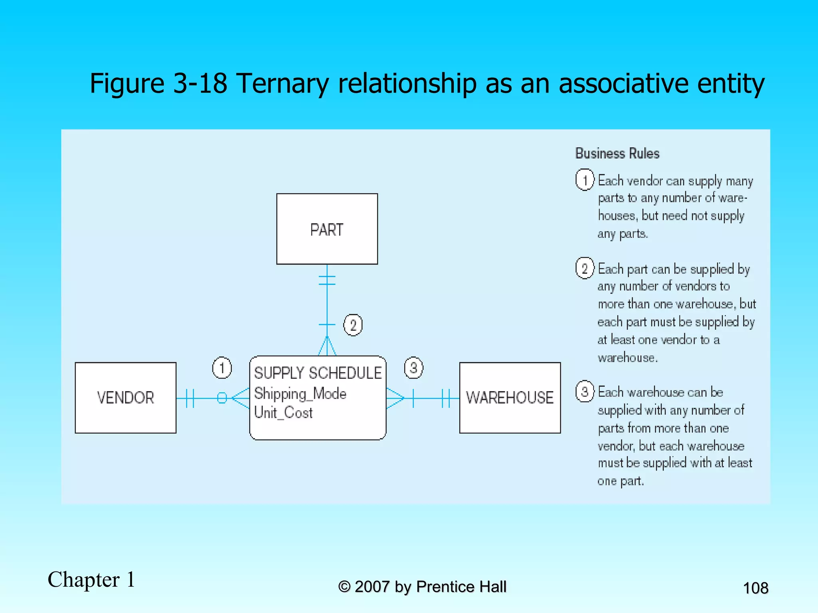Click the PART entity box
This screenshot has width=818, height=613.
327,229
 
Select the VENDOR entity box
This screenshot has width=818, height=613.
125,397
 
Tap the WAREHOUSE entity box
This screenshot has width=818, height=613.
510,397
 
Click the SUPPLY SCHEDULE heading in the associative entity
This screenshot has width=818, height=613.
318,373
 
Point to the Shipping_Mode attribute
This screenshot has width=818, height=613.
300,394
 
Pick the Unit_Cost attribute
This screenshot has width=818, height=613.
283,413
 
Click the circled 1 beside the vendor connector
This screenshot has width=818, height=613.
222,368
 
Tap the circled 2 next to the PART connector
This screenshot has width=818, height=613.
353,325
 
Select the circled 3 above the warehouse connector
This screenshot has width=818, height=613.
413,368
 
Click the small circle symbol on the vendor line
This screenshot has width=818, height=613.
222,398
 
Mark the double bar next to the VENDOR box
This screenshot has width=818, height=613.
190,398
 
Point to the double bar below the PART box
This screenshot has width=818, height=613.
327,280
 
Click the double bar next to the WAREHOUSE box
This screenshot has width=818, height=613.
446,398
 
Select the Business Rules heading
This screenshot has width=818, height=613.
617,154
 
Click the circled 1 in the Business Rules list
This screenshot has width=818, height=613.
585,180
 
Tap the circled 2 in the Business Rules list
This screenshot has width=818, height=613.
585,268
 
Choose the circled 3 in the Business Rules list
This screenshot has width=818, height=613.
585,392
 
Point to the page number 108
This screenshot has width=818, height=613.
755,588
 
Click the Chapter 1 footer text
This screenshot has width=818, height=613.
91,579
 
